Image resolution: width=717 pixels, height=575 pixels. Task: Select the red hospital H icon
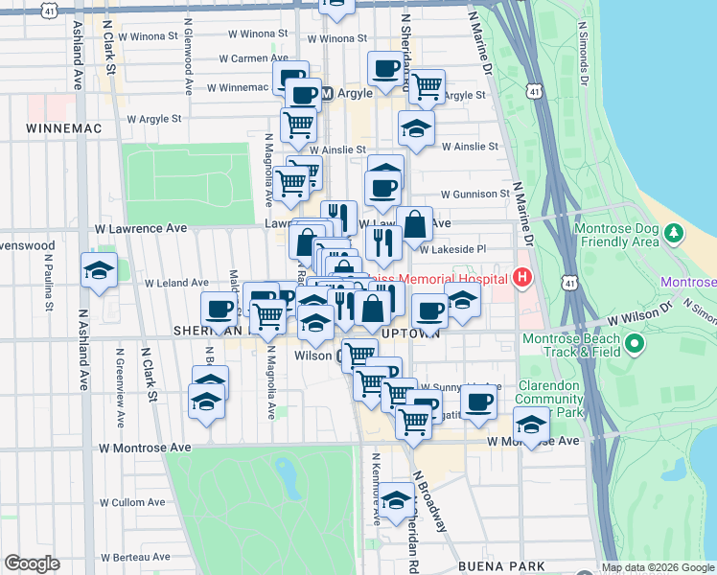pos(522,279)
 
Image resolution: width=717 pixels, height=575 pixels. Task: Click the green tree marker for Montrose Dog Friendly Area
pos(674,233)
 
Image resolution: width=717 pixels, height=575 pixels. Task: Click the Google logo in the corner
pos(32,563)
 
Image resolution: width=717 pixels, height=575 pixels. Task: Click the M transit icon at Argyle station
pos(327,94)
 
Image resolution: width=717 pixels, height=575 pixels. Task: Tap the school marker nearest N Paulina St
pos(99,271)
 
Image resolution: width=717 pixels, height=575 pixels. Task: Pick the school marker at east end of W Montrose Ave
pos(530,423)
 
